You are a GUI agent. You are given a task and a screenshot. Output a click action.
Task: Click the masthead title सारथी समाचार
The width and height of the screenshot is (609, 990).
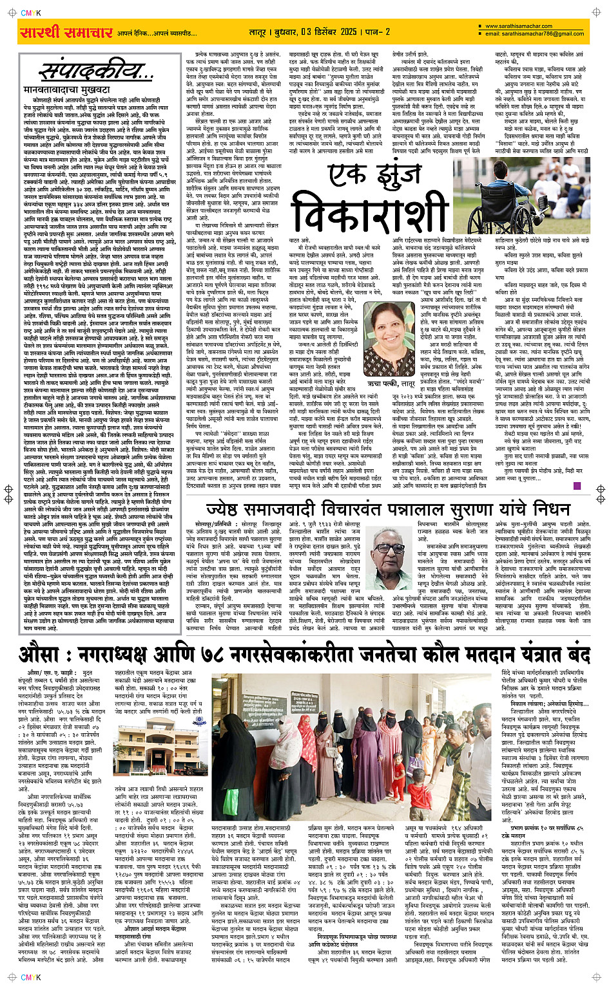pos(66,32)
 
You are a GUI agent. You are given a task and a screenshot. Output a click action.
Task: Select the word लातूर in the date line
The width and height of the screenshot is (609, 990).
pos(258,32)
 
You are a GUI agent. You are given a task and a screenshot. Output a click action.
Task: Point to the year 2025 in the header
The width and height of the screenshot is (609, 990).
pos(349,32)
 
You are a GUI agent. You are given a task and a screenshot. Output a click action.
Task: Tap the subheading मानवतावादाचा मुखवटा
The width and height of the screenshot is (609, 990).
pos(67,90)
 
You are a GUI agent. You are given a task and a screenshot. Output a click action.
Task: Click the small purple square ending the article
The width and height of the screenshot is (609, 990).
pos(577,486)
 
